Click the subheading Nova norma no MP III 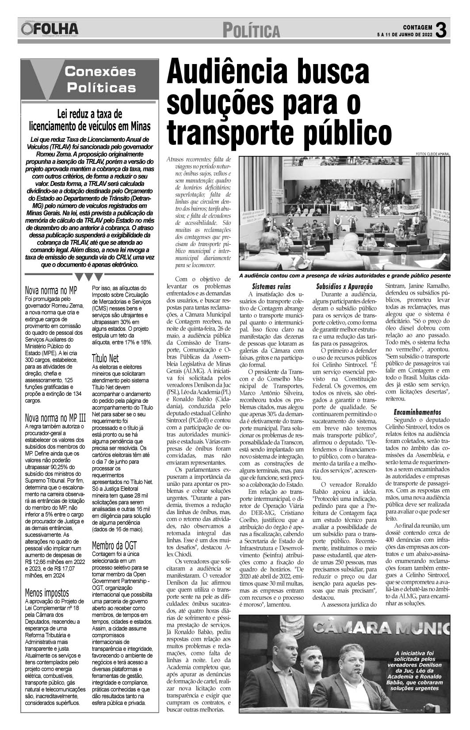(55, 417)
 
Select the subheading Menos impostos (47, 593)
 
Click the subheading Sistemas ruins (271, 286)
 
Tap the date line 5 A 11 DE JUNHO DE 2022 (404, 34)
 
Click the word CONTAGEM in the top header (417, 26)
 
